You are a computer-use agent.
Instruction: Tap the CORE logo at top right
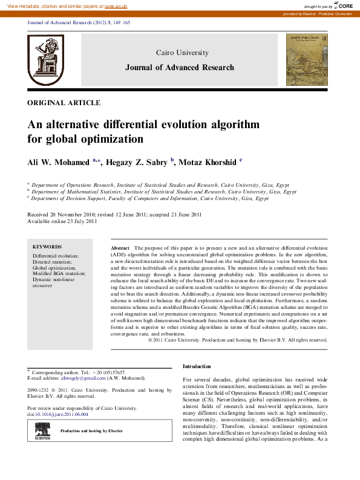pyautogui.click(x=342, y=5)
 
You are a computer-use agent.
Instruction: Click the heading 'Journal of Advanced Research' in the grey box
pyautogui.click(x=179, y=67)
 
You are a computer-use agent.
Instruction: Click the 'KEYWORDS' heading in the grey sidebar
pyautogui.click(x=47, y=247)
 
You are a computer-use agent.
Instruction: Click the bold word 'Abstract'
pyautogui.click(x=120, y=248)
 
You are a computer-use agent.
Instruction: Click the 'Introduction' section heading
pyautogui.click(x=197, y=366)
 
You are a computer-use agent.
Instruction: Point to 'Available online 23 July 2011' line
pyautogui.click(x=62, y=221)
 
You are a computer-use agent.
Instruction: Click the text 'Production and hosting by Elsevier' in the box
pyautogui.click(x=91, y=431)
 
